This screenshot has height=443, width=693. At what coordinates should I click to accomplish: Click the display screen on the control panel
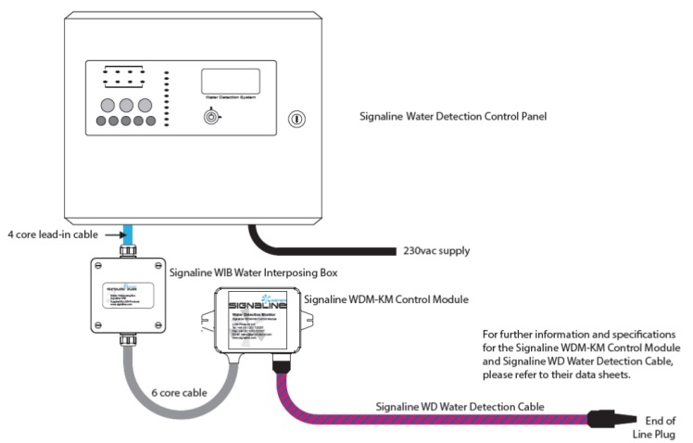coord(229,82)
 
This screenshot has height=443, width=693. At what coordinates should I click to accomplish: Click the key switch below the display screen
coord(214,118)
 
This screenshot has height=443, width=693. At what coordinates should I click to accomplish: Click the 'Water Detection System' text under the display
coord(228,100)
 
